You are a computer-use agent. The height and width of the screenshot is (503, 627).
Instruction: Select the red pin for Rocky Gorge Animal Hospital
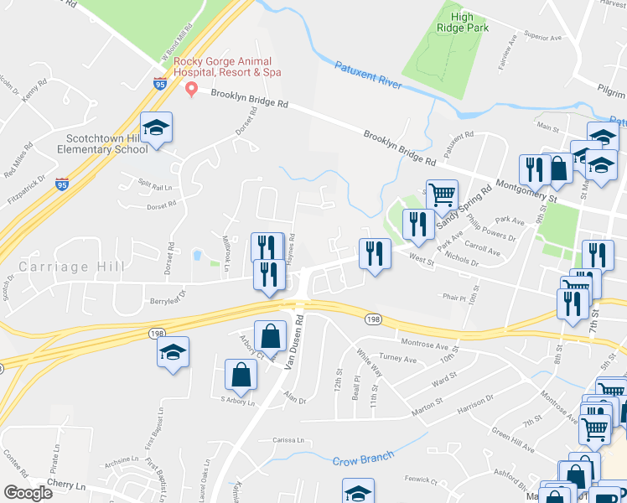tap(191, 88)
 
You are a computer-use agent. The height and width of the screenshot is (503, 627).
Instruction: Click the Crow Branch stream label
tap(363, 460)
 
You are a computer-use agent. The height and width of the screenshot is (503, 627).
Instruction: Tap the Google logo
tap(28, 493)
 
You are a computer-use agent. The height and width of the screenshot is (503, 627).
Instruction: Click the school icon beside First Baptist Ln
tap(173, 355)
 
